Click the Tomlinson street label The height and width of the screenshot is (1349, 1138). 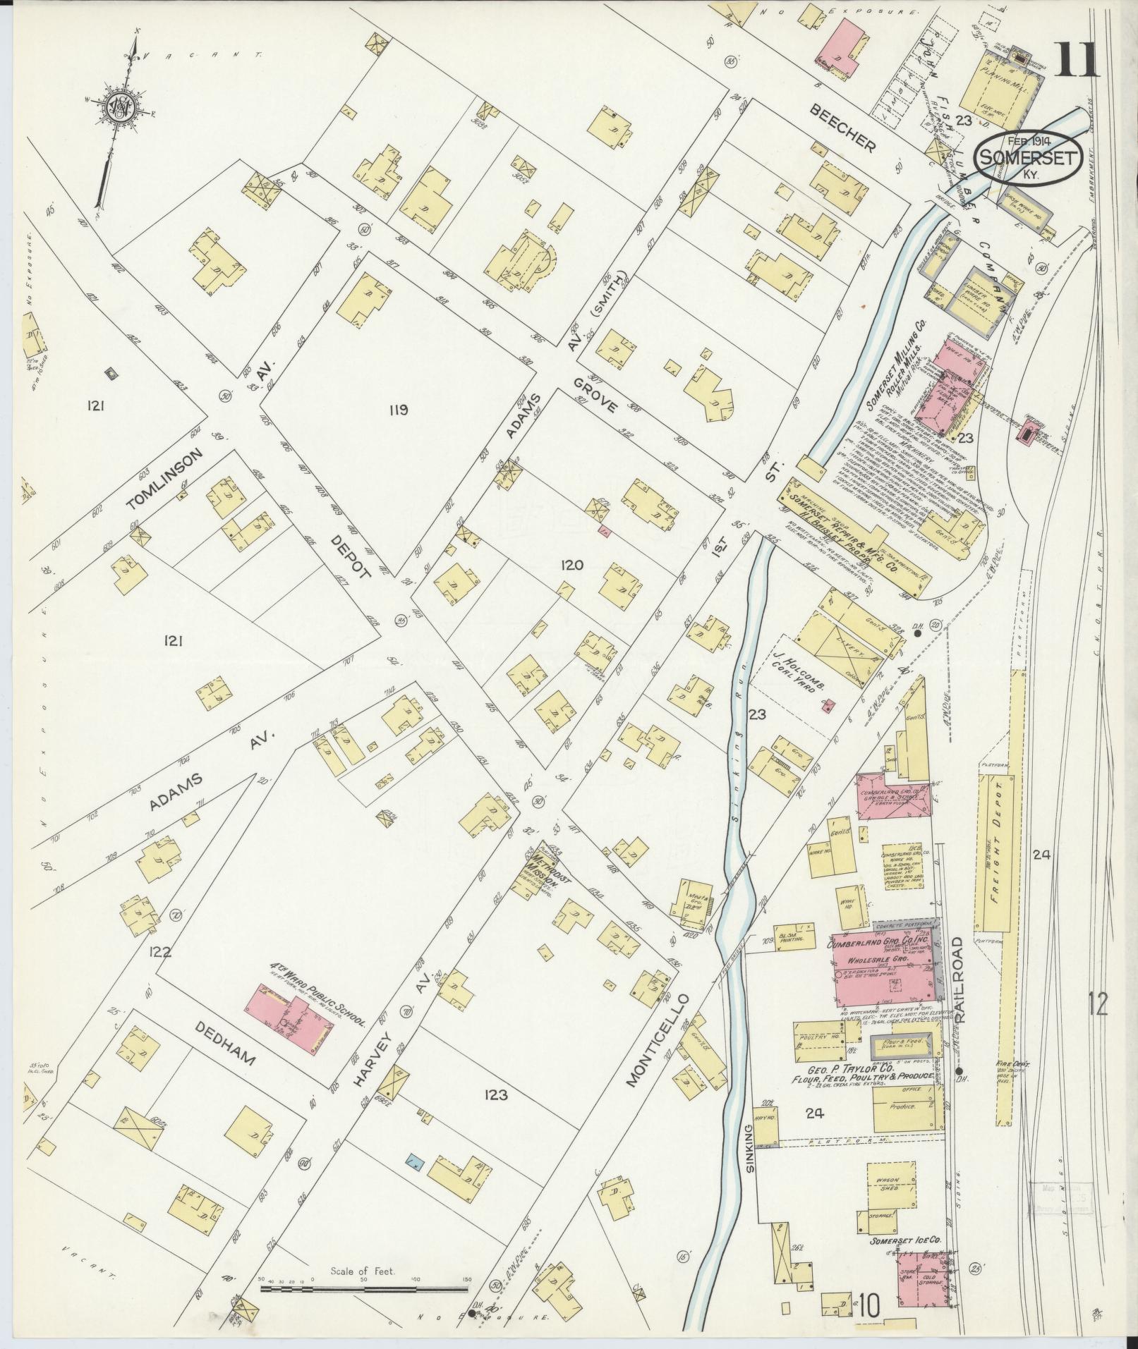click(167, 478)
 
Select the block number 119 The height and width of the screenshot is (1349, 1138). click(398, 409)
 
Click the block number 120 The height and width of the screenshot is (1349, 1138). click(571, 564)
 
